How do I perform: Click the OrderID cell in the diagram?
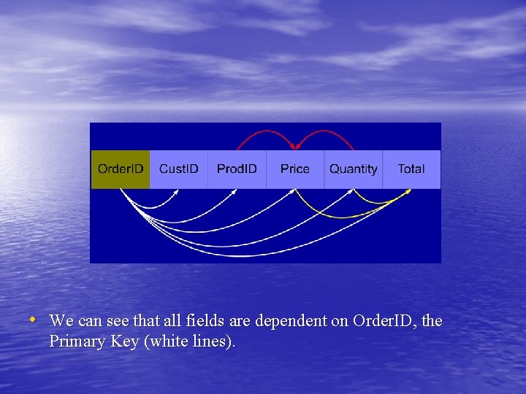click(121, 169)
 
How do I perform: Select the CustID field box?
click(179, 169)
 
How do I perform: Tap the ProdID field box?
click(237, 169)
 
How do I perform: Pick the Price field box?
click(295, 169)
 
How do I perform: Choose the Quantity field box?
click(354, 169)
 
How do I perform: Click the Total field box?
click(411, 169)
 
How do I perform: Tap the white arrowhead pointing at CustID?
click(177, 193)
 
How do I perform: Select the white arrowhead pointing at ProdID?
click(235, 192)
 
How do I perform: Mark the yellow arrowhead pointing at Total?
click(407, 193)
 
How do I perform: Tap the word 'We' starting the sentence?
click(61, 321)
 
